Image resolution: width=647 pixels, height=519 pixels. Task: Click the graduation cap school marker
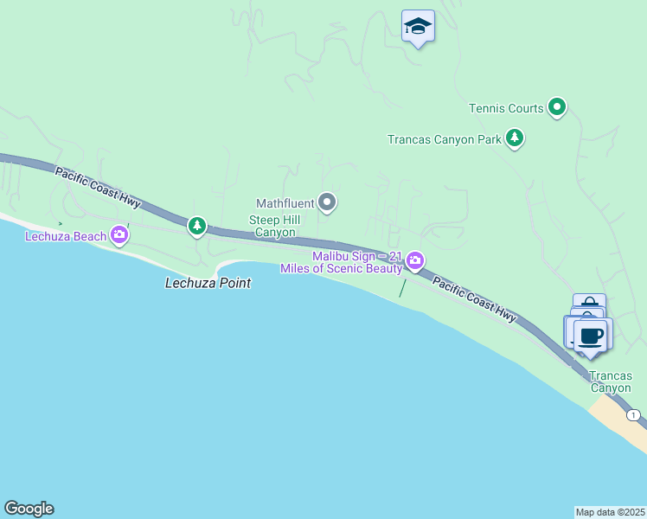point(418,27)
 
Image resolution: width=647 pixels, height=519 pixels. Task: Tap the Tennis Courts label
point(506,108)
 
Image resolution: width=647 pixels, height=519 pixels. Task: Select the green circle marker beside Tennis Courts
point(558,107)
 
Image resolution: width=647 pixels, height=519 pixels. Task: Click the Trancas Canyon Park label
point(445,139)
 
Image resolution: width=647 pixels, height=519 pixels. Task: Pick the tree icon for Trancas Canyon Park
point(515,138)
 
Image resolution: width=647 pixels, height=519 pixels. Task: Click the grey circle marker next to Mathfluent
point(327,203)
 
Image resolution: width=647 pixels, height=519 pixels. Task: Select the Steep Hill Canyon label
point(273,226)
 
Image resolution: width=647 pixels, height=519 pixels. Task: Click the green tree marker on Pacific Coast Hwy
point(197,227)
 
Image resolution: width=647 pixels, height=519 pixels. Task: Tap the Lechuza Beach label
point(66,236)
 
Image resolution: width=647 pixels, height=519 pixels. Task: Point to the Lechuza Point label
point(208,283)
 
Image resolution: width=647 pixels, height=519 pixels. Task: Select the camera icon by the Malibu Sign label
point(415,260)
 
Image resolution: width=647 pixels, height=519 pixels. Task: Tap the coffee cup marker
point(593,336)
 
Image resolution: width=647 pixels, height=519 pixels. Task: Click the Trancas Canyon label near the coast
point(611,381)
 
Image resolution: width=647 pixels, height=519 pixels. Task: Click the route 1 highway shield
point(635,415)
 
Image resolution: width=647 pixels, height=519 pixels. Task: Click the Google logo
point(29,509)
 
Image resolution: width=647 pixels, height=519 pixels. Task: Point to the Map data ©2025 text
point(610,512)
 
